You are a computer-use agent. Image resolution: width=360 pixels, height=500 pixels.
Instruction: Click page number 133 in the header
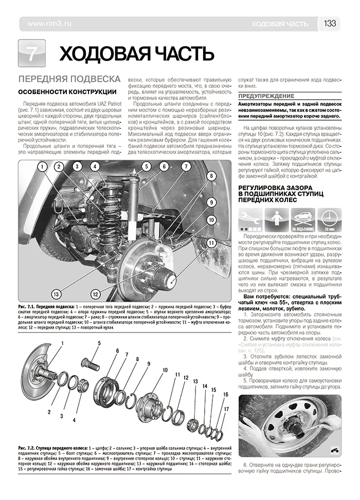point(330,24)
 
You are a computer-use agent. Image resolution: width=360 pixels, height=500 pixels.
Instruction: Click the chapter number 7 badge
point(32,53)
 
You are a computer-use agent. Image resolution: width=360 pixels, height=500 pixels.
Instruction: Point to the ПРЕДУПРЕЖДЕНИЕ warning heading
point(266,96)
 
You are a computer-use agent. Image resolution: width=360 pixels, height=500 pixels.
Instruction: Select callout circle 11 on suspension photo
point(211,244)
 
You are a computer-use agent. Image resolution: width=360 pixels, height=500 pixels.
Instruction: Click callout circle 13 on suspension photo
point(57,294)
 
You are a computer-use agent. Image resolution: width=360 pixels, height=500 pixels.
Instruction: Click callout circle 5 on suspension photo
point(147,166)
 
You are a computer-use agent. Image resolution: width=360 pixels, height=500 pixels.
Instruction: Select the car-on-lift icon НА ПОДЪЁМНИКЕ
point(302,219)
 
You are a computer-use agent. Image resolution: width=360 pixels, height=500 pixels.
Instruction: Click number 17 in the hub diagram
point(226,409)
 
